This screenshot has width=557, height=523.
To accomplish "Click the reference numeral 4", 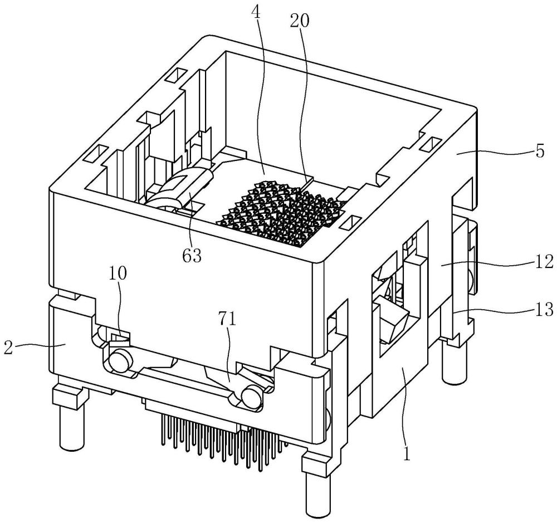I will pos(257,12).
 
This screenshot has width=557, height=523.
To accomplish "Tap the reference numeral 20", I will pos(300,21).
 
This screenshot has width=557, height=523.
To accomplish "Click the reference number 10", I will pos(118,273).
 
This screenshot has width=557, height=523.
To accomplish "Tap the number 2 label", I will pos(8,348).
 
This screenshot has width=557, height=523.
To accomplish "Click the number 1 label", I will pos(407,454).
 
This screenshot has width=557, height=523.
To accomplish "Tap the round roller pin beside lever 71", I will pos(252,397).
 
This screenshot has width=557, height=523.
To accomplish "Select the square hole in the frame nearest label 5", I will pos(431,146).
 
